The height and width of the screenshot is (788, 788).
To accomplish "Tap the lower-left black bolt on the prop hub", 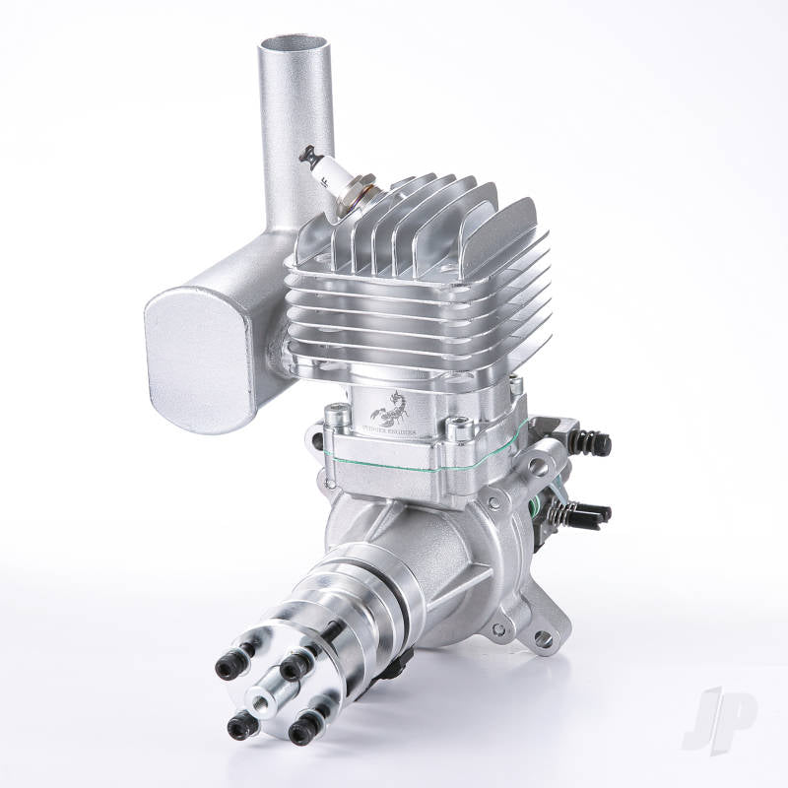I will tap(238, 727).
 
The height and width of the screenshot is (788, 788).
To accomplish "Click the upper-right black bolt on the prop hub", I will tap(292, 668).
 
